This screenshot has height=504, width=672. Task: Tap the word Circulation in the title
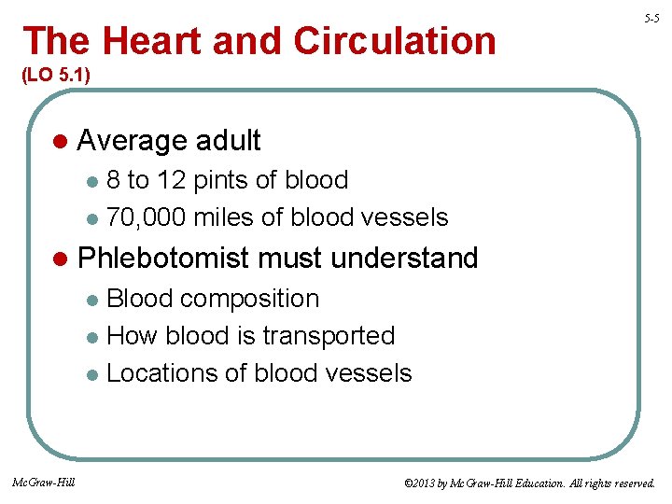[x=395, y=41]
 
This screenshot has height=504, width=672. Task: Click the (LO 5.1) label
[x=54, y=75]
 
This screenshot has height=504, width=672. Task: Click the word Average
[x=132, y=141]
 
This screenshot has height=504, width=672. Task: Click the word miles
[x=229, y=217]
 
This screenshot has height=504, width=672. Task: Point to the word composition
[x=249, y=299]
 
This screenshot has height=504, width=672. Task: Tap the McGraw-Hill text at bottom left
[x=45, y=483]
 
